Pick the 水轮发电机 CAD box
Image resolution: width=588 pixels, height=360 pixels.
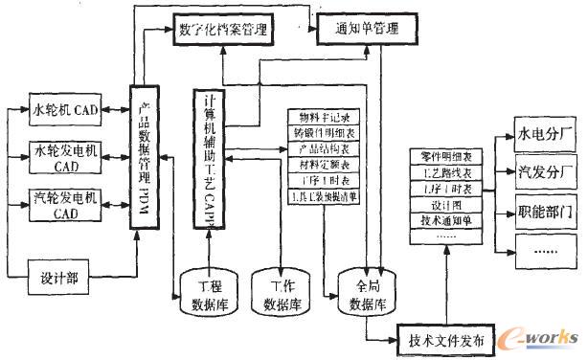(x=64, y=157)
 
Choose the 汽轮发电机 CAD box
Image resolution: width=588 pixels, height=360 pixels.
(x=64, y=206)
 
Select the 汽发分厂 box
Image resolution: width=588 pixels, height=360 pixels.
(x=546, y=174)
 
